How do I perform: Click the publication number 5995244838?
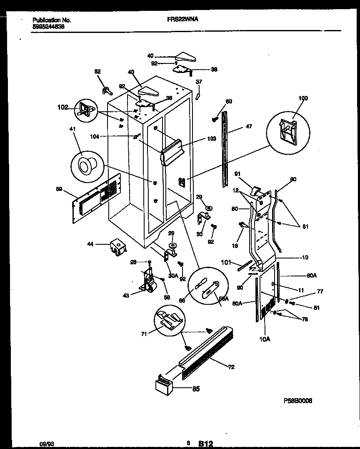pos(48,27)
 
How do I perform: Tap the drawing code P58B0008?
pos(298,400)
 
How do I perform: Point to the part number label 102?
pos(62,107)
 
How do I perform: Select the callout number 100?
pos(303,98)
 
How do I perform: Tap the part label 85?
pos(195,389)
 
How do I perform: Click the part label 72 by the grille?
pos(231,367)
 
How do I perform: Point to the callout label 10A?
pos(264,339)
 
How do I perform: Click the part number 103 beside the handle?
pos(212,139)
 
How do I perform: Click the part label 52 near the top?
pos(97,72)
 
